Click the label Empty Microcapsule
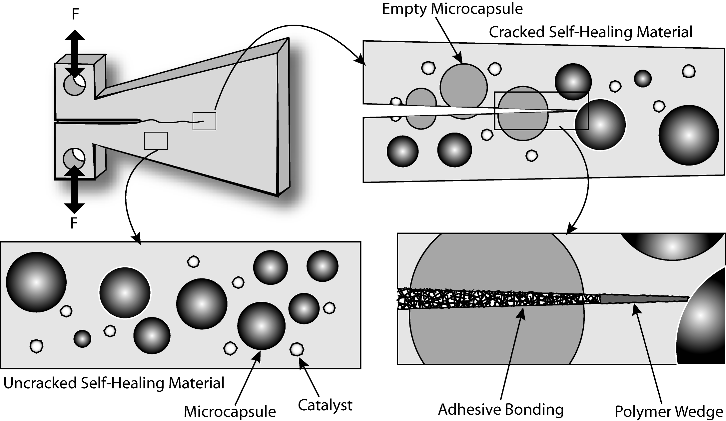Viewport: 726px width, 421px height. pos(452,9)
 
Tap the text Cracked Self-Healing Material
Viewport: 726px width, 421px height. pos(590,32)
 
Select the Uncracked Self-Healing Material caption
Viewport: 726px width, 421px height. pos(114,383)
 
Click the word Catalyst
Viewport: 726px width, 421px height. pos(325,405)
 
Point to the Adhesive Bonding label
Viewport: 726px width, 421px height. pos(500,409)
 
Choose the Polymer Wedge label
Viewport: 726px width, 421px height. pos(668,412)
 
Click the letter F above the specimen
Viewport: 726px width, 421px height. pos(75,15)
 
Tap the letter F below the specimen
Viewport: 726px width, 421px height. pos(74,223)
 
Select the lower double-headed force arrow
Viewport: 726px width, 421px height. pos(74,190)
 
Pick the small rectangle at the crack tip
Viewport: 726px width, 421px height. pos(204,121)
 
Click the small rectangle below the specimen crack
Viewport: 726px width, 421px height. pos(156,141)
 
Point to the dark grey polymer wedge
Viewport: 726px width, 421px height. pos(643,298)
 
